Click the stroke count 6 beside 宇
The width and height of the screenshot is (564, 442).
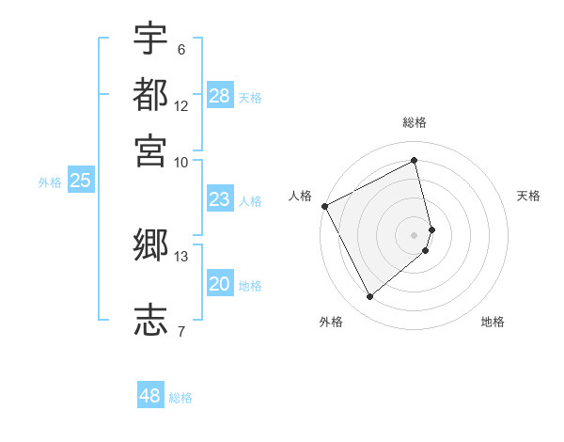pos(180,50)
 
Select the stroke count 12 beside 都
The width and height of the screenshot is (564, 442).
pos(181,106)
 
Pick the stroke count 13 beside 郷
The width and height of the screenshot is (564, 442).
pos(181,257)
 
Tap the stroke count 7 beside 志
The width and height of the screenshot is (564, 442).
pos(180,330)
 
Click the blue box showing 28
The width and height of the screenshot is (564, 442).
pos(220,96)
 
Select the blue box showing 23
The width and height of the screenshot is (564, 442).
pos(220,199)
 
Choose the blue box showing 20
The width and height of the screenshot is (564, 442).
pos(220,284)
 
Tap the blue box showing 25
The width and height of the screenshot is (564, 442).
pos(81,181)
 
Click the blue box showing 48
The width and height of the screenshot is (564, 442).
pos(150,396)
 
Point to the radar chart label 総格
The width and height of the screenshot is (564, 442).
pos(415,122)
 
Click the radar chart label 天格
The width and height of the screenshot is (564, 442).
pos(528,196)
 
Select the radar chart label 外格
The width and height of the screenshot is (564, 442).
pos(331,322)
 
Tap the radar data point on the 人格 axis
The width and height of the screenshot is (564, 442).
pos(324,206)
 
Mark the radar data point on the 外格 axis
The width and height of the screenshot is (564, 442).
pos(369,297)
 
